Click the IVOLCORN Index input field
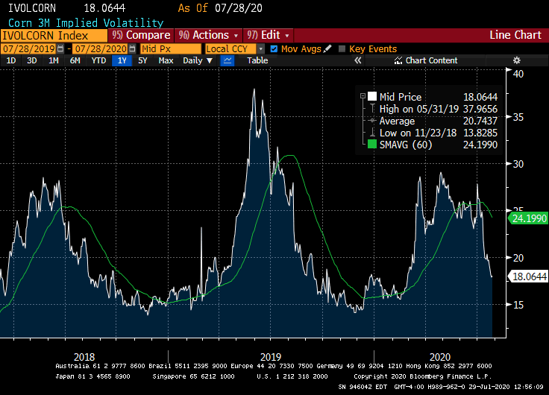52,35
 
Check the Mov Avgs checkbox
274,48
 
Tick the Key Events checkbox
342,48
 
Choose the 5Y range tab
142,60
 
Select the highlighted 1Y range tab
121,60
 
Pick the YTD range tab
98,60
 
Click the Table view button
257,60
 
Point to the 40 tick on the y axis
515,73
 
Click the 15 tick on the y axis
515,304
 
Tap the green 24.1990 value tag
528,219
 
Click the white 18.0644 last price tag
528,276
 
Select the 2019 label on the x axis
271,356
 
